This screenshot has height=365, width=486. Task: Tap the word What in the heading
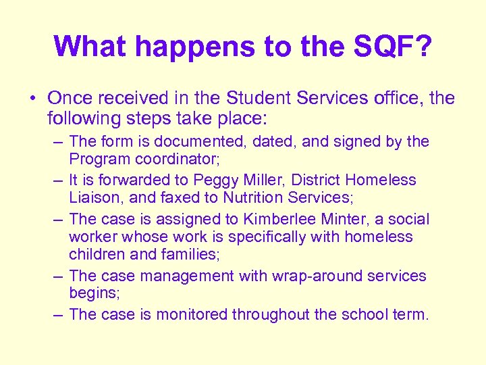91,46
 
